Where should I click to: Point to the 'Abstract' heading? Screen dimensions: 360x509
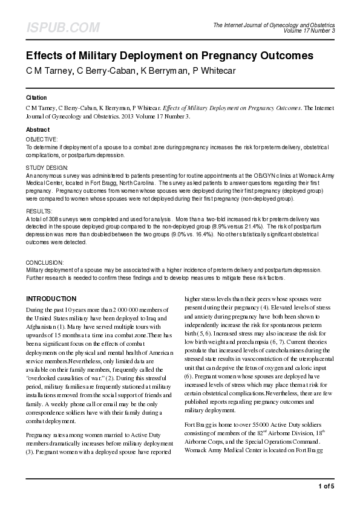pos(38,130)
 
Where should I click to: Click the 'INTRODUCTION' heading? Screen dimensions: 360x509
pos(51,299)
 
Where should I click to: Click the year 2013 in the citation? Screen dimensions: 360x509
pos(143,117)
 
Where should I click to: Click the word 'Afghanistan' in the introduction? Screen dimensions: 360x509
pos(41,326)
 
